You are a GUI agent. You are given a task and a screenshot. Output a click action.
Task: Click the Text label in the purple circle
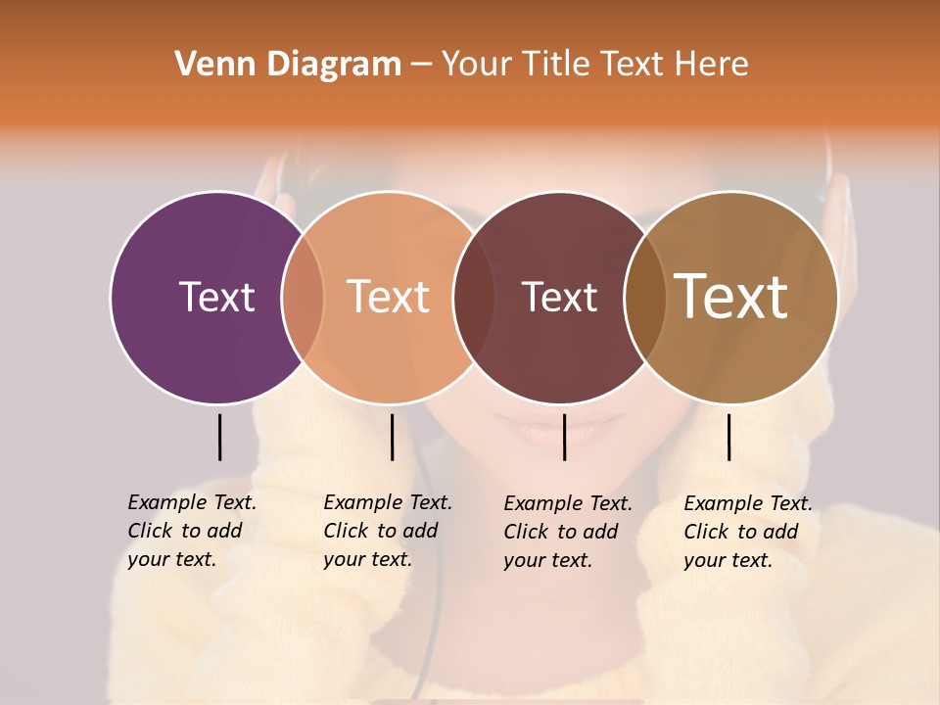tap(216, 297)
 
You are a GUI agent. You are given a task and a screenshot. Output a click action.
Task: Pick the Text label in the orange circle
tap(389, 297)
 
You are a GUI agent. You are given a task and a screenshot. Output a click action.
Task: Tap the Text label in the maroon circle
tap(559, 297)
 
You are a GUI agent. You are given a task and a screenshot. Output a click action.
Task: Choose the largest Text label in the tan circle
tap(731, 297)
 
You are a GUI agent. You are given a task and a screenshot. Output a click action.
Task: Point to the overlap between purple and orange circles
tap(303, 297)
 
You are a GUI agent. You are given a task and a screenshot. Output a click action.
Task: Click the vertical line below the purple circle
tap(220, 437)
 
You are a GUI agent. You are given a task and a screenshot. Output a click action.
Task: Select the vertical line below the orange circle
tap(392, 437)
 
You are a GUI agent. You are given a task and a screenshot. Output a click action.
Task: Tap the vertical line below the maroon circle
tap(564, 437)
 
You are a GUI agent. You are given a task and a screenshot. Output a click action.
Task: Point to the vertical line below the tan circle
tap(729, 437)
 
